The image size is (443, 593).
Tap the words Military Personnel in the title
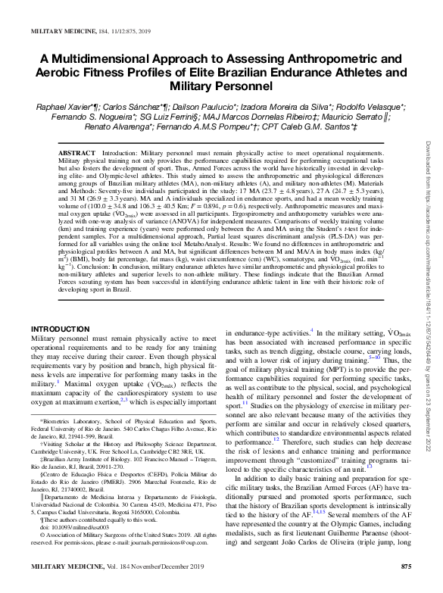[x=222, y=87]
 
